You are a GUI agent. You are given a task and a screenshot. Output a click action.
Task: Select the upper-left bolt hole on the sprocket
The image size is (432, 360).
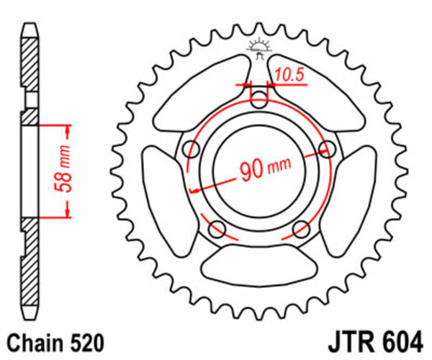(x=191, y=150)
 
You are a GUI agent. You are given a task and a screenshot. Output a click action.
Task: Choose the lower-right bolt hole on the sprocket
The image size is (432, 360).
(x=302, y=230)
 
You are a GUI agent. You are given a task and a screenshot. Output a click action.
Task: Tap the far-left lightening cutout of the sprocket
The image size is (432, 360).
(x=163, y=191)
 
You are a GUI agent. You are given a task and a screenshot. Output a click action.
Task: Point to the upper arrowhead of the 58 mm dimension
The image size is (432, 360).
(x=68, y=127)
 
